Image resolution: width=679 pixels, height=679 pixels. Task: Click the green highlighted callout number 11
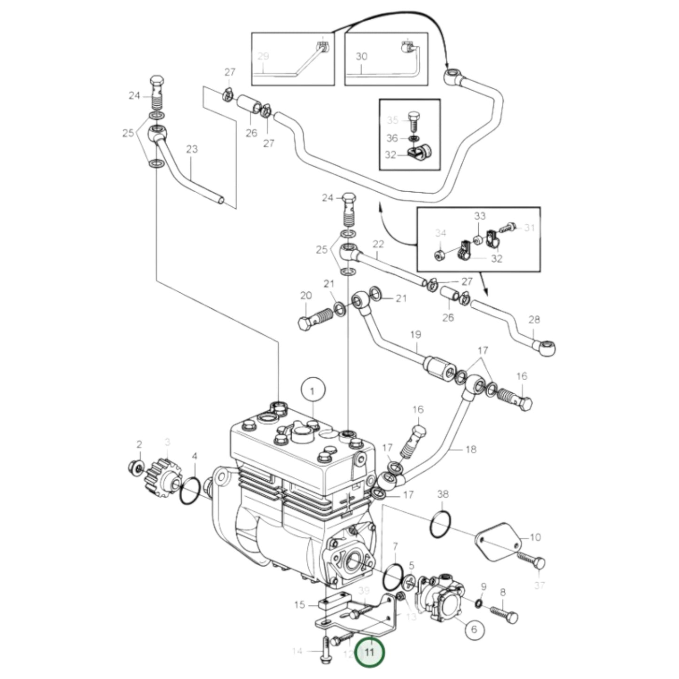pyautogui.click(x=370, y=652)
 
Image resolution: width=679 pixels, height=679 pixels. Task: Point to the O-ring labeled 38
pyautogui.click(x=441, y=524)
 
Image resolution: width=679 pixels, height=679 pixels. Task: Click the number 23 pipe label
pyautogui.click(x=192, y=149)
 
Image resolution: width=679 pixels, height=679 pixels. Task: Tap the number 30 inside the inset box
pyautogui.click(x=361, y=56)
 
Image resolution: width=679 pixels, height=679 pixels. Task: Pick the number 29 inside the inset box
pyautogui.click(x=263, y=56)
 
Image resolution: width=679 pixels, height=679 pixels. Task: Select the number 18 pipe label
pyautogui.click(x=470, y=449)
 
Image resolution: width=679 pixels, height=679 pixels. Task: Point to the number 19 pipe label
pyautogui.click(x=415, y=335)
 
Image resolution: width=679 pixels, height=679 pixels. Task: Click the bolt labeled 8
pyautogui.click(x=504, y=614)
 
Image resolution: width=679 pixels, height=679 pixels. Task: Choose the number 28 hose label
pyautogui.click(x=534, y=320)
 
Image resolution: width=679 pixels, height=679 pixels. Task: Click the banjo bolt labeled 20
pyautogui.click(x=315, y=319)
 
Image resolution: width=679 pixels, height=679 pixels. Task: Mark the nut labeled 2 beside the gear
pyautogui.click(x=137, y=468)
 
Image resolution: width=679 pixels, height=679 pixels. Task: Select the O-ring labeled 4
pyautogui.click(x=190, y=492)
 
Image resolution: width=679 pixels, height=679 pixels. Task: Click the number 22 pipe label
pyautogui.click(x=378, y=244)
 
